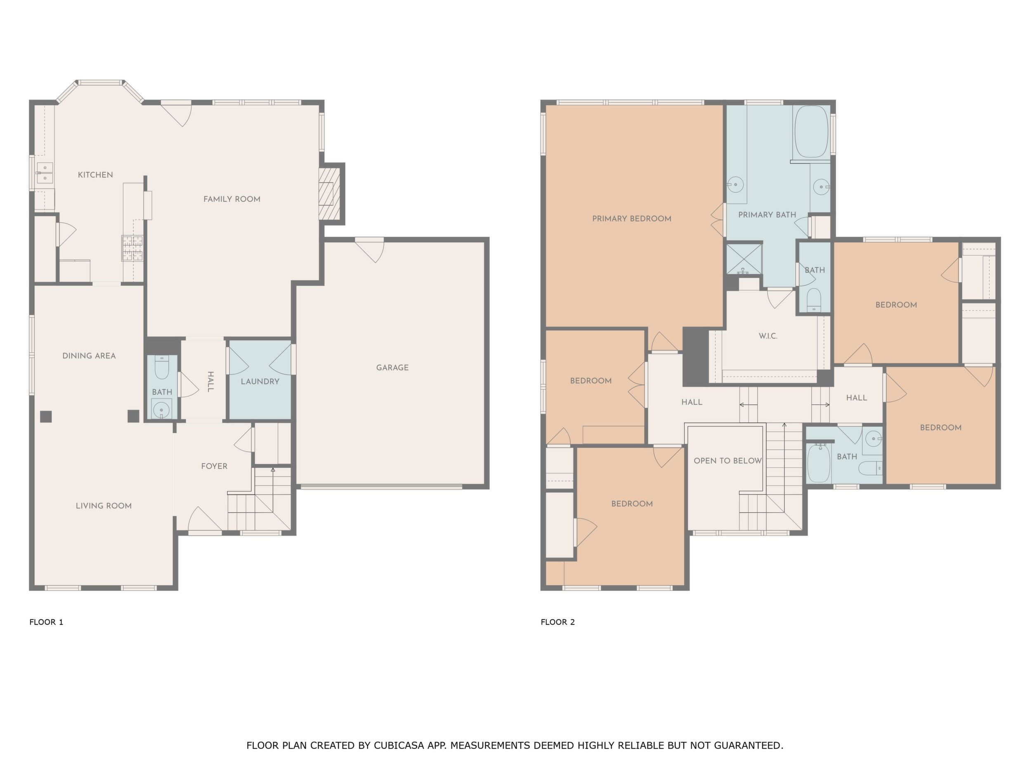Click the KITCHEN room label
(x=95, y=175)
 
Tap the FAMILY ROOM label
(x=232, y=199)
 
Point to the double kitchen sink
(x=45, y=173)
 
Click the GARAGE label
(x=392, y=367)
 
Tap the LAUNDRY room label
(x=260, y=381)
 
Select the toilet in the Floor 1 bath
(x=162, y=368)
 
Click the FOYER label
(x=214, y=466)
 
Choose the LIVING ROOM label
(x=104, y=506)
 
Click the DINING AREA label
(x=89, y=356)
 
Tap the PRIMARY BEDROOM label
(x=632, y=219)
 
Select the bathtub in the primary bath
(x=812, y=132)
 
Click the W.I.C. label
(x=768, y=336)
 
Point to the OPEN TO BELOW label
(x=728, y=461)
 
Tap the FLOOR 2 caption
(x=558, y=622)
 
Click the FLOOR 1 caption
(x=46, y=622)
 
